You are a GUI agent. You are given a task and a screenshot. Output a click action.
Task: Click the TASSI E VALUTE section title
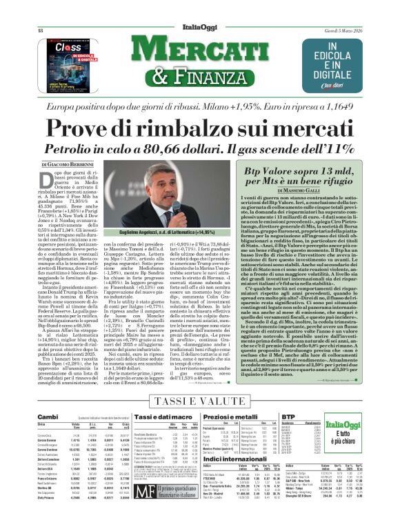coord(199,401)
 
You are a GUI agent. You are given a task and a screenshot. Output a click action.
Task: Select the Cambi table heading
coord(48,417)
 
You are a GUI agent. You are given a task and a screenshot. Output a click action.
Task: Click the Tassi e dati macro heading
coord(142,417)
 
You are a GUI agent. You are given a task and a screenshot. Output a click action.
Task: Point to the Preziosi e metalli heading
coord(228,417)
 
